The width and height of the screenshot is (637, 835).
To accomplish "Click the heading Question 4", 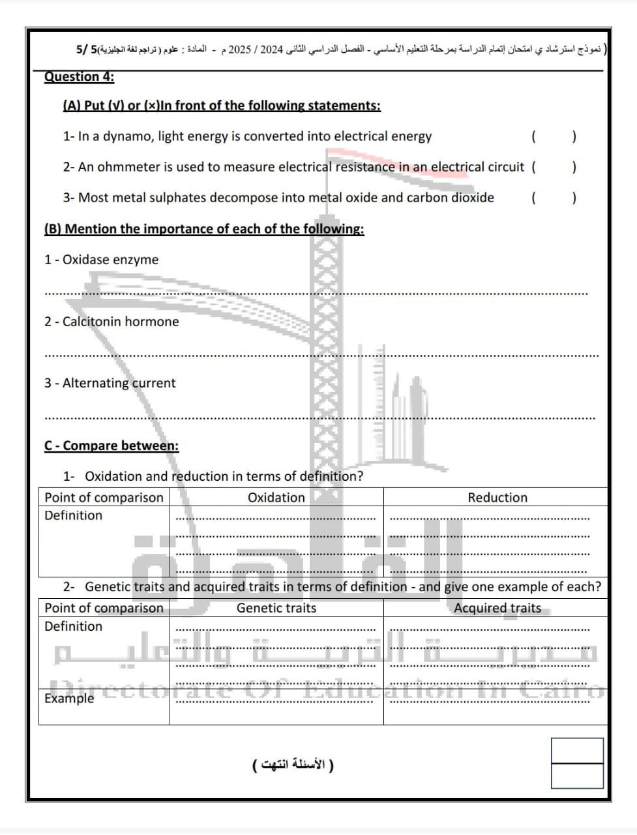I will pyautogui.click(x=79, y=77).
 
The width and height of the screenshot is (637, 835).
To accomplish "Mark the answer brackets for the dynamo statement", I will pyautogui.click(x=554, y=136).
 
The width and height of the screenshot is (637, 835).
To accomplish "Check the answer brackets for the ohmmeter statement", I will pyautogui.click(x=554, y=167).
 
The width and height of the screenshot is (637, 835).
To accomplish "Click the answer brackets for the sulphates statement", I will pyautogui.click(x=554, y=198).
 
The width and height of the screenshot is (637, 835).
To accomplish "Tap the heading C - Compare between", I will pyautogui.click(x=111, y=446).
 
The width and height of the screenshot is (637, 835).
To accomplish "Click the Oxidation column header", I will pyautogui.click(x=276, y=498).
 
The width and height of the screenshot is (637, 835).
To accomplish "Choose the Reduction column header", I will pyautogui.click(x=497, y=498).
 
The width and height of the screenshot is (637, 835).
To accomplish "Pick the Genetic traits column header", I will pyautogui.click(x=276, y=608).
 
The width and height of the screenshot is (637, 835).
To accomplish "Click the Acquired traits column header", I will pyautogui.click(x=497, y=608).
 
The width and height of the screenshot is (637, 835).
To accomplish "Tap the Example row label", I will pyautogui.click(x=69, y=698).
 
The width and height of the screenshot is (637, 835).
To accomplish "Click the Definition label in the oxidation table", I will pyautogui.click(x=73, y=515).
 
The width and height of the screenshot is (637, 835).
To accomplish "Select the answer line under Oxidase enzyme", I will pyautogui.click(x=316, y=294).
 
